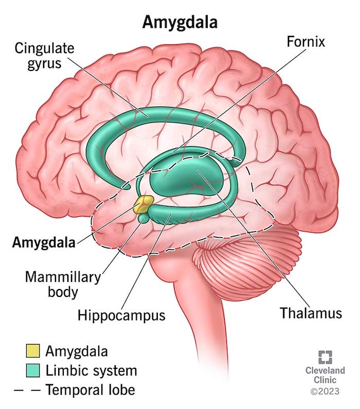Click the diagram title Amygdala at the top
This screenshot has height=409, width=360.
pyautogui.click(x=180, y=22)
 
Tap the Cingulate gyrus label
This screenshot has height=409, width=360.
pyautogui.click(x=44, y=56)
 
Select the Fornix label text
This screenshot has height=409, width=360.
pyautogui.click(x=306, y=42)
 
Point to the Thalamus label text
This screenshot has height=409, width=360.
pyautogui.click(x=311, y=313)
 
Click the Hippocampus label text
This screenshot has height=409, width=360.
pyautogui.click(x=121, y=315)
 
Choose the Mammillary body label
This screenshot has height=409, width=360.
pyautogui.click(x=63, y=284)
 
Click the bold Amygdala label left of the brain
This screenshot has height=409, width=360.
pyautogui.click(x=44, y=243)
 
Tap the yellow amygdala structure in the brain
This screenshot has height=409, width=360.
pyautogui.click(x=143, y=204)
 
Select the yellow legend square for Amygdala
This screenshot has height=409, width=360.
pyautogui.click(x=33, y=350)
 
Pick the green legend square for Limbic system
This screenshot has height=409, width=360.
pyautogui.click(x=33, y=370)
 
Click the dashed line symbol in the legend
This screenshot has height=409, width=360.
pyautogui.click(x=27, y=390)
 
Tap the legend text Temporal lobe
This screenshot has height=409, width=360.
pyautogui.click(x=90, y=390)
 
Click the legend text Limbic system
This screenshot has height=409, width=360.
pyautogui.click(x=91, y=370)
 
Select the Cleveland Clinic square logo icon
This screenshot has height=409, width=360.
pyautogui.click(x=325, y=358)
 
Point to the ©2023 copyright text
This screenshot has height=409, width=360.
pyautogui.click(x=325, y=392)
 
